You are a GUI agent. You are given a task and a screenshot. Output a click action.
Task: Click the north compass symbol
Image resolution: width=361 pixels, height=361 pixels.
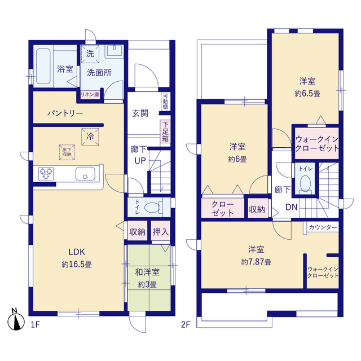click(x=16, y=320)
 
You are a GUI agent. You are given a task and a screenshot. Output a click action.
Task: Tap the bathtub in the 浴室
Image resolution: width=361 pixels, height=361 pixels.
click(x=43, y=66)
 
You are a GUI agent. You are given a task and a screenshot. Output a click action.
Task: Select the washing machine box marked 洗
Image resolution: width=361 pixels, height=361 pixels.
click(x=90, y=54)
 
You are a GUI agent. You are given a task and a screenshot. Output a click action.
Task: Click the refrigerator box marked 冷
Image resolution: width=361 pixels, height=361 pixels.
click(x=90, y=137)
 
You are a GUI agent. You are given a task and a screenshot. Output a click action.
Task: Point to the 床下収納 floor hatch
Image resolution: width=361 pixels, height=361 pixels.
click(x=67, y=152)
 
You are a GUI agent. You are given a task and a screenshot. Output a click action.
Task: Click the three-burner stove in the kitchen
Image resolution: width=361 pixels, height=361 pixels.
click(x=46, y=174)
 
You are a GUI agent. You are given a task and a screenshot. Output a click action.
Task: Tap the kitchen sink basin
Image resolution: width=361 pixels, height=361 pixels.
click(x=85, y=174)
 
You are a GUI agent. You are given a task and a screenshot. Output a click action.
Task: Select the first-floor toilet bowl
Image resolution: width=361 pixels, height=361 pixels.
click(x=152, y=207)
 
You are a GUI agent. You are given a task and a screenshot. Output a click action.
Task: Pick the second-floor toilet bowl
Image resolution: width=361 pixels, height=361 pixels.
click(x=305, y=183)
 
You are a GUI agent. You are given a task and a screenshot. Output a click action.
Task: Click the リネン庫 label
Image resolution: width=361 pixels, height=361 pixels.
click(x=90, y=94)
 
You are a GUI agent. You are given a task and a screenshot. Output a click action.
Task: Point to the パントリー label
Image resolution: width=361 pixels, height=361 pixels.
click(x=65, y=113)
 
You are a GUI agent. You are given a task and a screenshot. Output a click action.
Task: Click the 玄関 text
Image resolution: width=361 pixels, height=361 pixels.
click(x=140, y=113)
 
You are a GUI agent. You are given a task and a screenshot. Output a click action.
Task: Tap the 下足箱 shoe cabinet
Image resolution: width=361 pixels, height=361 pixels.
click(x=165, y=131)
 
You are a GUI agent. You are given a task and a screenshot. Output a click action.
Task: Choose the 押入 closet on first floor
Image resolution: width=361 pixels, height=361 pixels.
click(x=161, y=232)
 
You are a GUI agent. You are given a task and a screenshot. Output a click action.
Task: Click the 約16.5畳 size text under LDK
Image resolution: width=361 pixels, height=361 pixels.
click(x=77, y=265)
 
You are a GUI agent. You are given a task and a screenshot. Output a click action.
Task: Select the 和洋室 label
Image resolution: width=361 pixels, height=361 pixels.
click(x=147, y=272)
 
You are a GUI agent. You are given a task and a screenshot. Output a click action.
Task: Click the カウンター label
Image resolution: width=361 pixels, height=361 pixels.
click(x=323, y=227)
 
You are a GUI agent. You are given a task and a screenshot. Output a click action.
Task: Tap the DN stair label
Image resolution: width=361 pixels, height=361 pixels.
click(x=292, y=207)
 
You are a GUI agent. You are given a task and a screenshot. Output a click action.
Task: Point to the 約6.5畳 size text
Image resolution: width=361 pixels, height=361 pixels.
click(x=307, y=94)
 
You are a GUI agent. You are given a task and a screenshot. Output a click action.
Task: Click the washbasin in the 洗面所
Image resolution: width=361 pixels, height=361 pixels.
click(x=115, y=51)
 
